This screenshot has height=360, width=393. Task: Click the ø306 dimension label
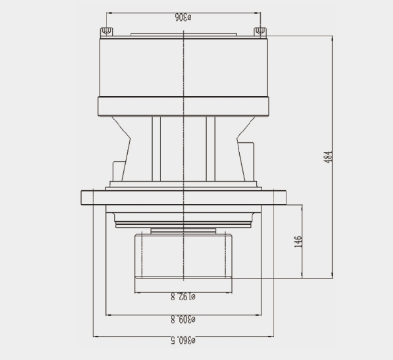click(183, 18)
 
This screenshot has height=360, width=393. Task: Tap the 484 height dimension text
click(328, 157)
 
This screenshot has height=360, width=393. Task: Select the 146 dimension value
click(298, 241)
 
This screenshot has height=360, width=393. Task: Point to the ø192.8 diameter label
click(183, 297)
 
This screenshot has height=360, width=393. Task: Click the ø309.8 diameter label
click(183, 319)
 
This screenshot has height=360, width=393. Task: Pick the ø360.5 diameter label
click(183, 340)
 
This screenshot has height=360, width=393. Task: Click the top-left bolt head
click(107, 32)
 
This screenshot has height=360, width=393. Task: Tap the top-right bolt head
click(261, 32)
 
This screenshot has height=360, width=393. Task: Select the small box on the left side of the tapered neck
click(119, 171)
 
